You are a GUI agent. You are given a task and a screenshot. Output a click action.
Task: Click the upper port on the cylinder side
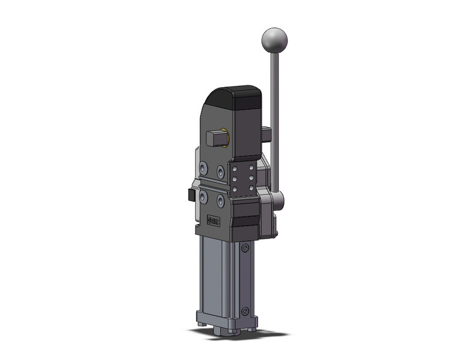(x=245, y=248)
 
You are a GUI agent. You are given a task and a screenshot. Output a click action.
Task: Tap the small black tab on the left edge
(x=187, y=196)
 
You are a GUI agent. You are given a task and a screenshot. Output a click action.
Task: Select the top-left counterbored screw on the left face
(x=204, y=166)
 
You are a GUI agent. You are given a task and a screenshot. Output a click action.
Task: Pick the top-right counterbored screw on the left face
(x=221, y=170)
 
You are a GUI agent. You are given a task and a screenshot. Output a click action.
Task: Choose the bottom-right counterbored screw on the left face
(x=221, y=201)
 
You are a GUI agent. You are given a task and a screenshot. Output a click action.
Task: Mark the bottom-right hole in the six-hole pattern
(x=250, y=186)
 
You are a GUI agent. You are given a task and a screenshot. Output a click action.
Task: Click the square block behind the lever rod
(x=265, y=132)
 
